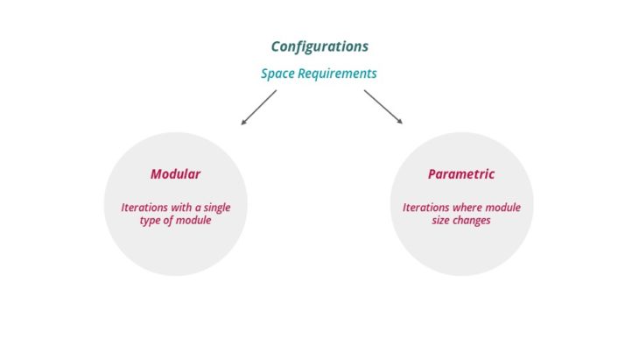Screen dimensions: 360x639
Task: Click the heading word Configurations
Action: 319,46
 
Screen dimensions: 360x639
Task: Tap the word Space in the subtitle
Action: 277,74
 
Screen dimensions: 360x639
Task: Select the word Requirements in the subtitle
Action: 337,74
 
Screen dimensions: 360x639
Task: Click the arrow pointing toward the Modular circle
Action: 258,108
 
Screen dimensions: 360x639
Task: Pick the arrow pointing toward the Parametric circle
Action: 383,108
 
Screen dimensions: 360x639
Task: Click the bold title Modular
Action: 175,174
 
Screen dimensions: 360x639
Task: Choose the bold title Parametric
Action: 461,174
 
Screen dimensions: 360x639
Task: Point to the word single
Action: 226,208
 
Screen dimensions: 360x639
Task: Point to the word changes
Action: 474,221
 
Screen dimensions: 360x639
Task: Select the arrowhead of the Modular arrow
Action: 244,124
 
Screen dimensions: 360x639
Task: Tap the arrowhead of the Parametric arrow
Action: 399,123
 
